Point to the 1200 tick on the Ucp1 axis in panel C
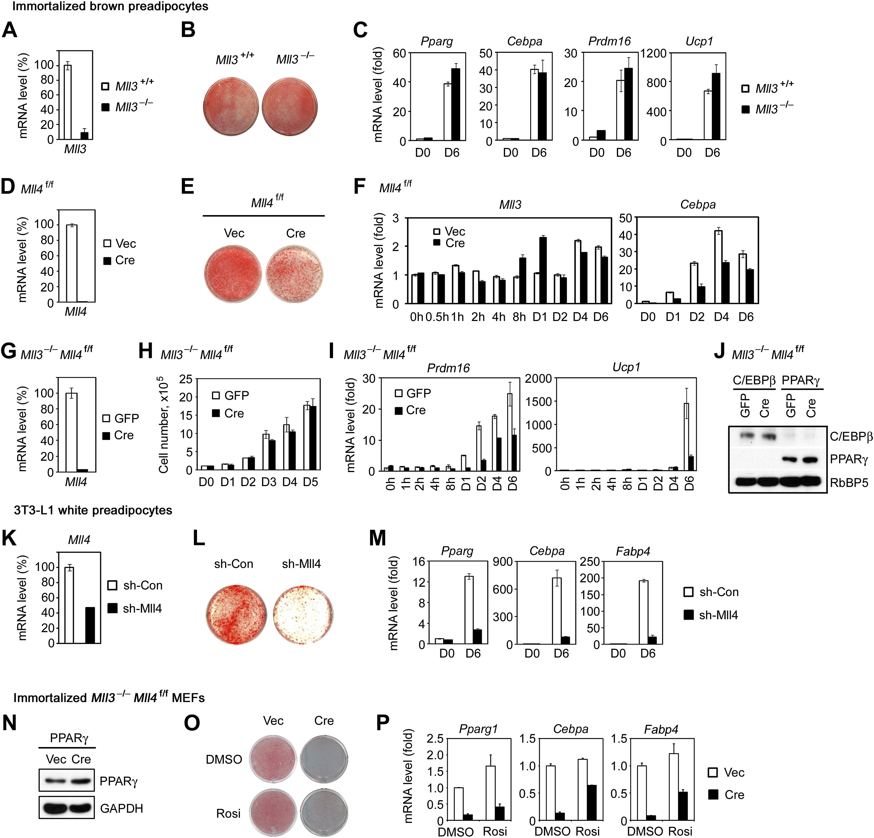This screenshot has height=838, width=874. pyautogui.click(x=653, y=53)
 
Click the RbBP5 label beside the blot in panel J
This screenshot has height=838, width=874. pyautogui.click(x=849, y=483)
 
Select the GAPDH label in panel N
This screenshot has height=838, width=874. pyautogui.click(x=121, y=808)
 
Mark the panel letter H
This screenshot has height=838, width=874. pyautogui.click(x=145, y=351)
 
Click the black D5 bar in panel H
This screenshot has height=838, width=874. pyautogui.click(x=313, y=438)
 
